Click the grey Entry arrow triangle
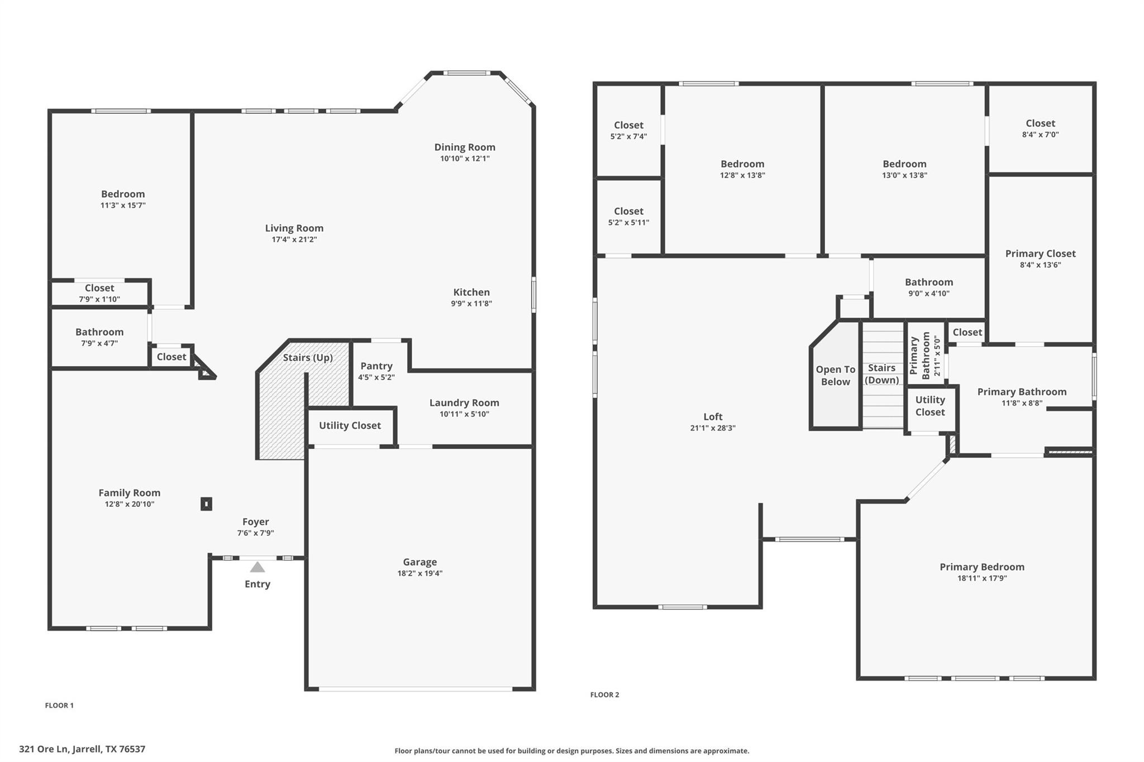[257, 567]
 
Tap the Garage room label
[420, 562]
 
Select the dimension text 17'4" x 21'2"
[294, 239]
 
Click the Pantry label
[376, 366]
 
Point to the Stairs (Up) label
[307, 357]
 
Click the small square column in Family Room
[206, 504]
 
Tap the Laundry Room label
[464, 402]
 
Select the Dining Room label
[465, 147]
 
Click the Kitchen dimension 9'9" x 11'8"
[471, 304]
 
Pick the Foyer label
[255, 522]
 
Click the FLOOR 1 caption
[59, 705]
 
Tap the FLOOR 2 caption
[604, 694]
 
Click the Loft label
[713, 416]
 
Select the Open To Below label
[835, 376]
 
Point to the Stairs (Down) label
[881, 374]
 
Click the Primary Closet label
[1040, 253]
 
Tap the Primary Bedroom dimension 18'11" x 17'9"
[982, 578]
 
